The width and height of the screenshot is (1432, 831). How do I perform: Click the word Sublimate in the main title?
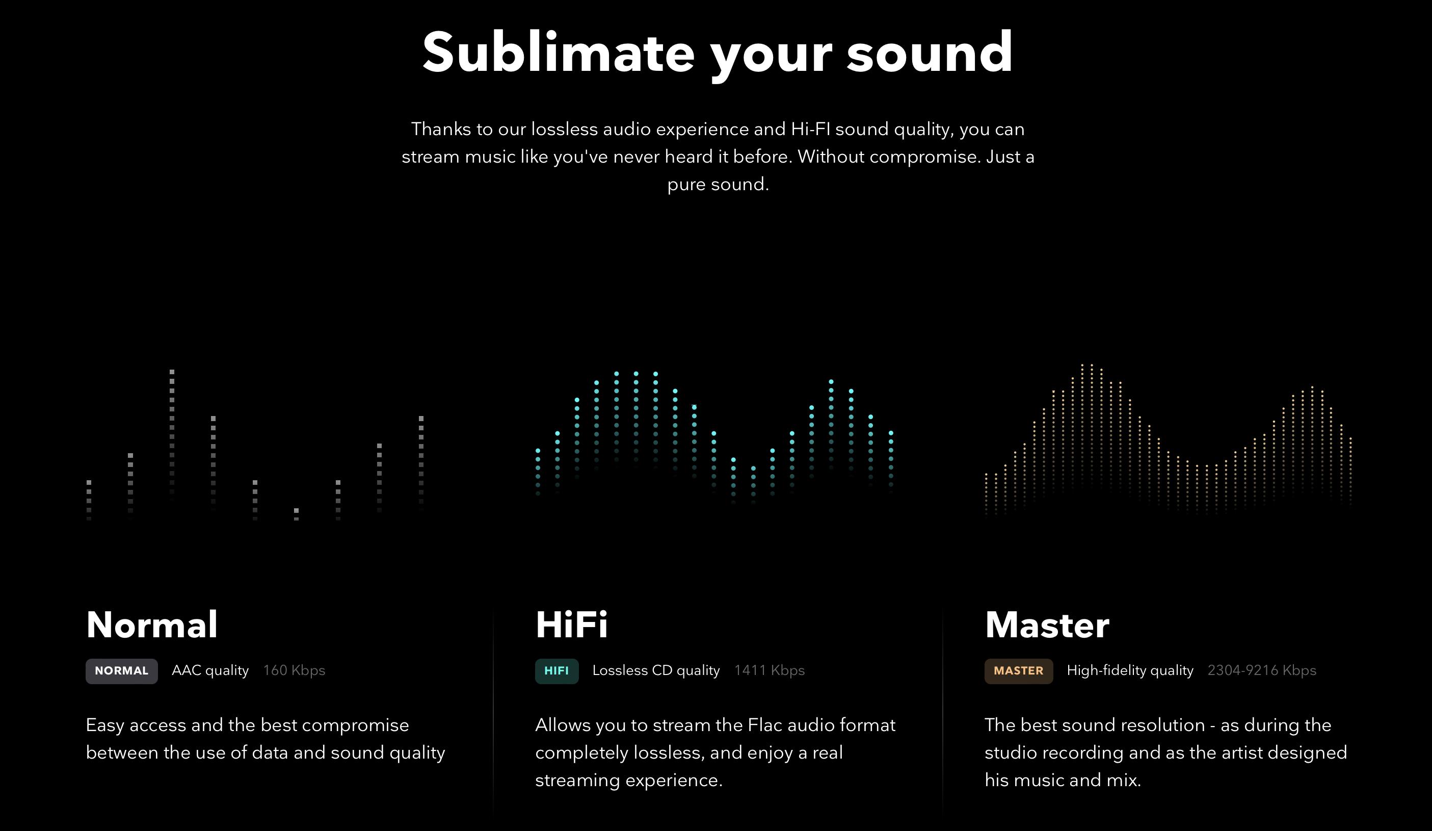[558, 53]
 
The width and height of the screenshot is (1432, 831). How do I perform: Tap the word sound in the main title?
[930, 53]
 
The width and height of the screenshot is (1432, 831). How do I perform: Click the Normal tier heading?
[152, 625]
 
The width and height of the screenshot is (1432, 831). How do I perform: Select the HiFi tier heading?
[572, 625]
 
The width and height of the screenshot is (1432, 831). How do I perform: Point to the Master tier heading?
[1047, 625]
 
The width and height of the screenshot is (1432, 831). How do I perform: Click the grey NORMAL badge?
[122, 671]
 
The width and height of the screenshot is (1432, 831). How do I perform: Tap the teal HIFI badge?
[557, 671]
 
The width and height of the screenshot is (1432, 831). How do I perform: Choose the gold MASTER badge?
[1019, 671]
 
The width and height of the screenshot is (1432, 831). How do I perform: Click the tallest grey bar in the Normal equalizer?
[172, 435]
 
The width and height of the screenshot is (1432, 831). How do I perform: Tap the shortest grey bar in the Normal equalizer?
[296, 514]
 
